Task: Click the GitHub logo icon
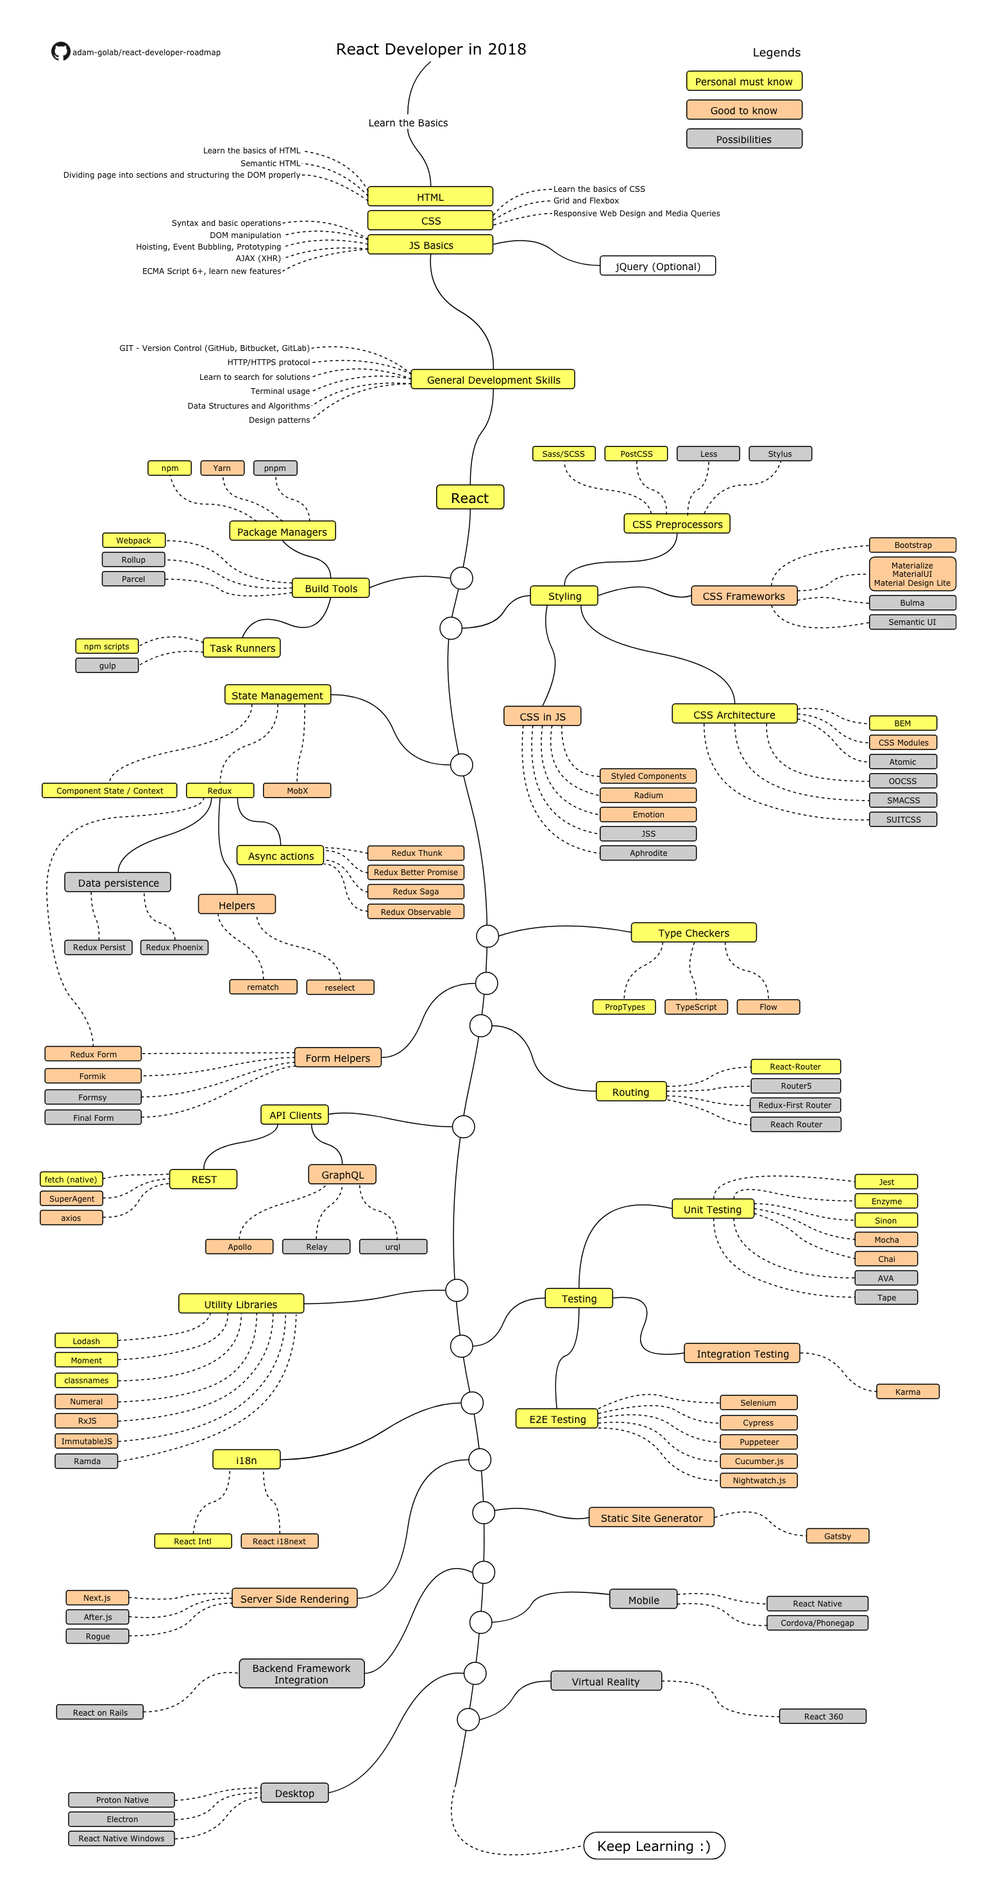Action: click(x=60, y=51)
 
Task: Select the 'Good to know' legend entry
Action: click(x=743, y=110)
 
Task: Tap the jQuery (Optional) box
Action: click(x=657, y=266)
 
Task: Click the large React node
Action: click(x=469, y=497)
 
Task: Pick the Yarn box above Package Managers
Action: click(x=222, y=468)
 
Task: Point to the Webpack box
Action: click(x=133, y=540)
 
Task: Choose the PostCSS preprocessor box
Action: click(x=636, y=453)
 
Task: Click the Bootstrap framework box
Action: click(x=912, y=544)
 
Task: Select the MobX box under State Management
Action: click(x=298, y=790)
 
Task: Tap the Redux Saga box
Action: click(x=416, y=891)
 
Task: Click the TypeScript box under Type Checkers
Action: click(x=695, y=1006)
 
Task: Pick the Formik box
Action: click(x=92, y=1075)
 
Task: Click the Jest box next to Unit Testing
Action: click(x=886, y=1182)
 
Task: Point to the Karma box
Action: click(x=907, y=1391)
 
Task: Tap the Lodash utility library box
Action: click(x=86, y=1340)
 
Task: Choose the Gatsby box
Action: click(x=836, y=1536)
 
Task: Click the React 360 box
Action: click(x=822, y=1716)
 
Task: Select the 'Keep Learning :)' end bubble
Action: click(x=654, y=1846)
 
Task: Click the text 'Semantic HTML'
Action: click(x=270, y=163)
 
